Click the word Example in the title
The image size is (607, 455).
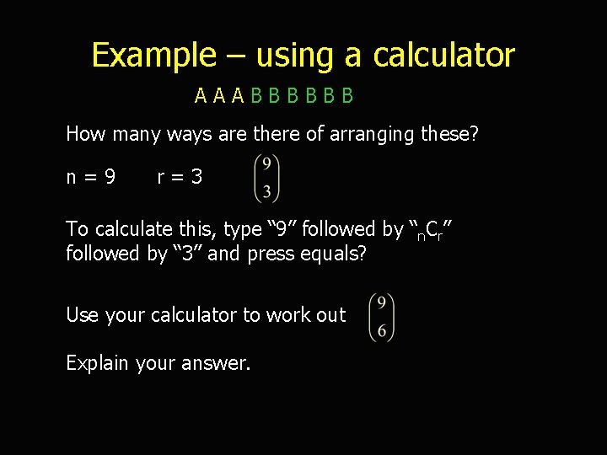pos(153,56)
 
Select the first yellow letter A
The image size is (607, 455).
pos(201,96)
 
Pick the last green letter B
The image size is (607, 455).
pos(347,96)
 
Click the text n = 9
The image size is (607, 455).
pos(91,177)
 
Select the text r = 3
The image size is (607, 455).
pos(180,177)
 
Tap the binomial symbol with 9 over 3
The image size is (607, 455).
pos(266,178)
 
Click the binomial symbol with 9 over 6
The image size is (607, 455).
pos(382,317)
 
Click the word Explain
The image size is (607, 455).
pos(99,364)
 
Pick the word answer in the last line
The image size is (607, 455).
pos(223,364)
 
